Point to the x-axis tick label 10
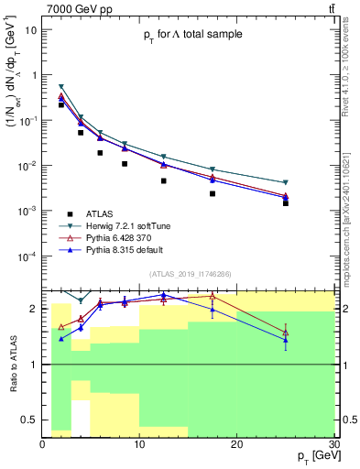[x=138, y=444]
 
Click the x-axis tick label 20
[x=236, y=444]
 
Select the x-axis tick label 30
[x=333, y=444]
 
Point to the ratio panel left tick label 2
[x=35, y=309]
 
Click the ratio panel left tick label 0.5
[x=30, y=419]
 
